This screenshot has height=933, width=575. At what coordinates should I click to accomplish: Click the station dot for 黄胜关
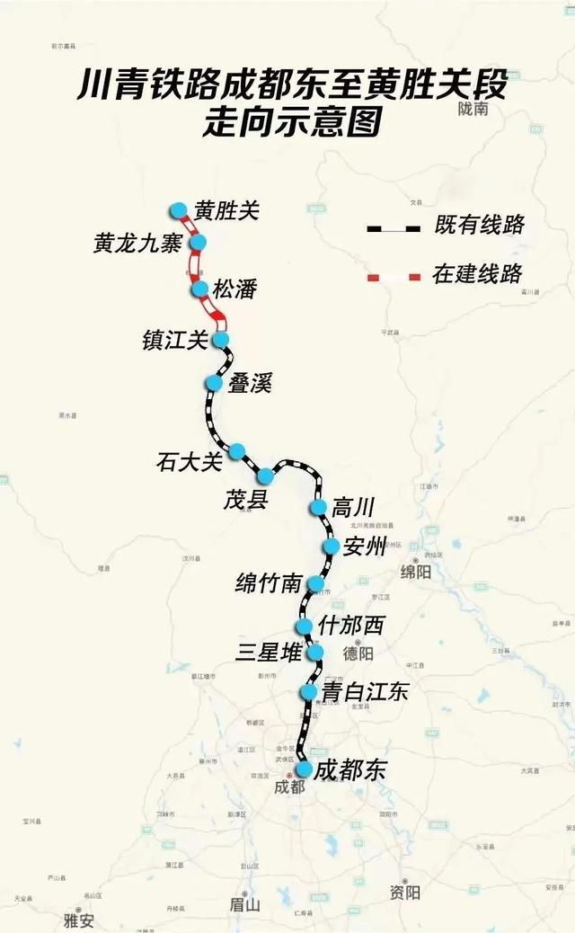pyautogui.click(x=179, y=210)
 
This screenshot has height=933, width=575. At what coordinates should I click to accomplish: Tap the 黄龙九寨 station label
pyautogui.click(x=137, y=243)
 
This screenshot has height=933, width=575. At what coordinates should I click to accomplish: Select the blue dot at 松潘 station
pyautogui.click(x=200, y=289)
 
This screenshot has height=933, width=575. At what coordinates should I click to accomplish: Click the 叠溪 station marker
pyautogui.click(x=214, y=383)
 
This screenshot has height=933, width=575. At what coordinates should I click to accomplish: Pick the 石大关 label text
pyautogui.click(x=188, y=463)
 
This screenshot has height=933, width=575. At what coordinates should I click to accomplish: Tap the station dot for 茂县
pyautogui.click(x=266, y=475)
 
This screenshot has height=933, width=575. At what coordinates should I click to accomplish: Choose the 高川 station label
pyautogui.click(x=352, y=508)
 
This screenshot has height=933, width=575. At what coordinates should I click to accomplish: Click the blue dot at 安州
pyautogui.click(x=331, y=546)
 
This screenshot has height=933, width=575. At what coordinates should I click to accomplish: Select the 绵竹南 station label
pyautogui.click(x=267, y=583)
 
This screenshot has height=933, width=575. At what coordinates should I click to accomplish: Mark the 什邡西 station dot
pyautogui.click(x=304, y=626)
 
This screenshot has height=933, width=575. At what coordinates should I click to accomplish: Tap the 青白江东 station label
pyautogui.click(x=365, y=691)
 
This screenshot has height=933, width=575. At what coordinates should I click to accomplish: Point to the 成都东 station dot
pyautogui.click(x=305, y=769)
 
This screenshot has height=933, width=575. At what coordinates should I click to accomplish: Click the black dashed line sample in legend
pyautogui.click(x=393, y=228)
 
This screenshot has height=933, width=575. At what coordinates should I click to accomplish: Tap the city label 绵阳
pyautogui.click(x=416, y=573)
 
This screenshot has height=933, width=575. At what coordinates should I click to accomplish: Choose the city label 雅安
pyautogui.click(x=79, y=920)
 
